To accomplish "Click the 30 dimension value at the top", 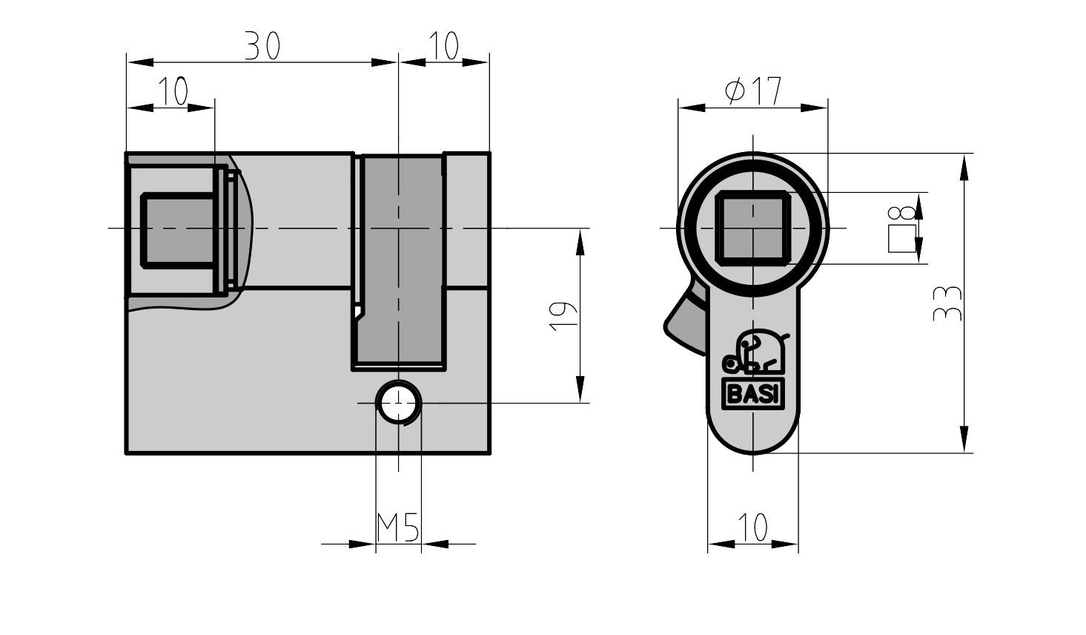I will [x=262, y=47].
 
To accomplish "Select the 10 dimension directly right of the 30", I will [x=443, y=47].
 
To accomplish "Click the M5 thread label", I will [x=398, y=528].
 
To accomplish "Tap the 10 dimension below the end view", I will [x=753, y=528].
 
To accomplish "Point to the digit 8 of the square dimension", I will [x=902, y=214].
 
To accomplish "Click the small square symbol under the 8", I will [x=901, y=240].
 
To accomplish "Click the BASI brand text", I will [x=752, y=395].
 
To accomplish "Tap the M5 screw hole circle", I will [x=399, y=403].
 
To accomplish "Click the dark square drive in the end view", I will [x=752, y=228].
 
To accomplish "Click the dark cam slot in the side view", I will [x=401, y=260].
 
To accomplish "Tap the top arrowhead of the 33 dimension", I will [x=964, y=167].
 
